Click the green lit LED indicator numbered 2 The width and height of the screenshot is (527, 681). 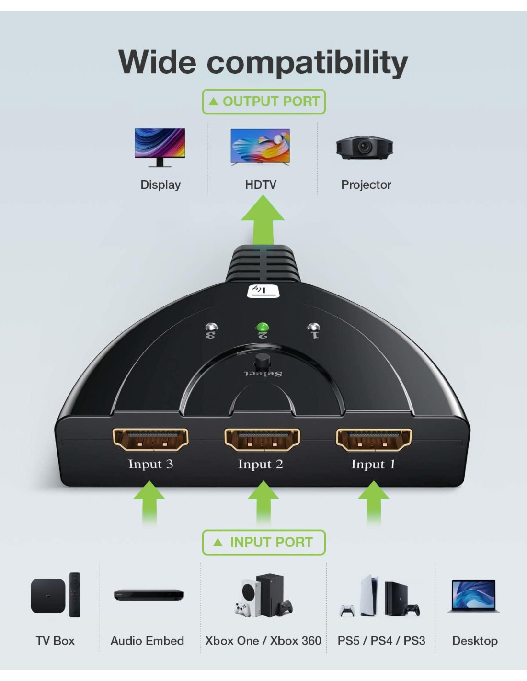coord(262,328)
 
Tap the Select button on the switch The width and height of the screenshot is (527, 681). coord(262,362)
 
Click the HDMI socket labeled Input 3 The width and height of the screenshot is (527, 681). coord(150,439)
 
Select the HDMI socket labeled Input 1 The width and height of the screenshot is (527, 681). coord(374,439)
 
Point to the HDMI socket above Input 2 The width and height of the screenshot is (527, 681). coord(262,439)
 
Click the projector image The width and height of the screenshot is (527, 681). coord(364,148)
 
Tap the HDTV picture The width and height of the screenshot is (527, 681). coord(260,147)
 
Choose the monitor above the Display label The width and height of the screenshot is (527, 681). coord(160,148)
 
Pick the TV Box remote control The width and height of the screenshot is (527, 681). coord(75,594)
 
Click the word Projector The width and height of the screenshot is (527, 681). coord(366,185)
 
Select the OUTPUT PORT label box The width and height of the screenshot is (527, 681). coord(263,102)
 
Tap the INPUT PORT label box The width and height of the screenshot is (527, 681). coord(263,543)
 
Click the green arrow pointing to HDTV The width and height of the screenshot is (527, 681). coord(263,220)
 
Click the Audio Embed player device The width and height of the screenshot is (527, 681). coord(149,594)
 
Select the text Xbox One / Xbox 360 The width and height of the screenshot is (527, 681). coord(263,641)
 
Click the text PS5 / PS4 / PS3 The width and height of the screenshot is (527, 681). coord(381,641)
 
